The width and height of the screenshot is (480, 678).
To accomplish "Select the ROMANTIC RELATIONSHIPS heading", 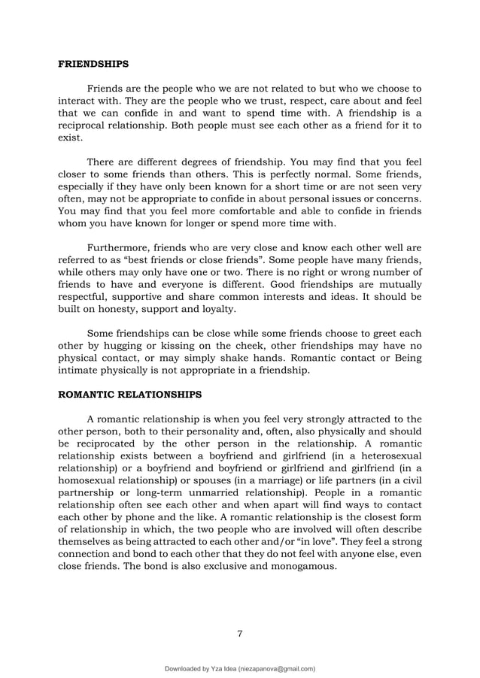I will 129,392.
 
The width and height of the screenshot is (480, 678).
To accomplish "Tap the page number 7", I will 240,633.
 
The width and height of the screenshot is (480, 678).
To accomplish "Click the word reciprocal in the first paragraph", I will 86,126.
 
